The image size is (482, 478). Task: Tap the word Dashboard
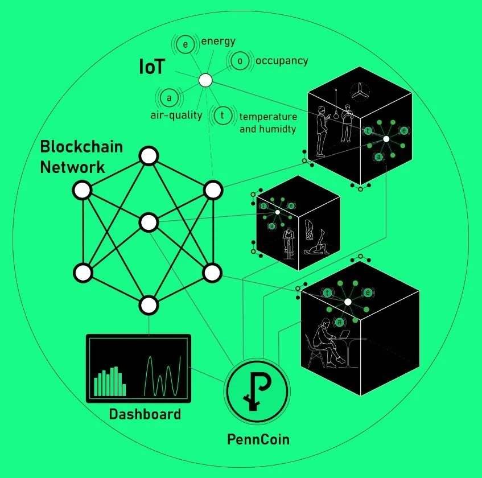point(145,414)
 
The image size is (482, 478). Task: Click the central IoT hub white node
point(205,80)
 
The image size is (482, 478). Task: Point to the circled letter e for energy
point(185,44)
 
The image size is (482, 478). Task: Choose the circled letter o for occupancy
point(239,61)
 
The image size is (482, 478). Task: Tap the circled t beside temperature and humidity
point(223,116)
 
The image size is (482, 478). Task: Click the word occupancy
point(281,60)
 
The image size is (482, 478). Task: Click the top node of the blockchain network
point(149,155)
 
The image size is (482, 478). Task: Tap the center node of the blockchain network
point(149,222)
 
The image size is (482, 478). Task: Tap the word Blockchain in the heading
point(81,147)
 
